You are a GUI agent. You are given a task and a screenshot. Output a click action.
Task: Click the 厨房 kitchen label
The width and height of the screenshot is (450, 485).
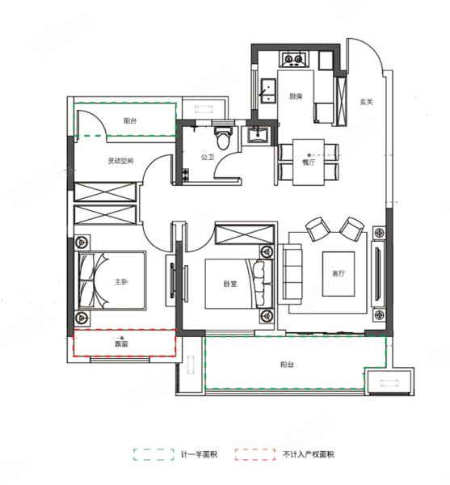[x=296, y=96]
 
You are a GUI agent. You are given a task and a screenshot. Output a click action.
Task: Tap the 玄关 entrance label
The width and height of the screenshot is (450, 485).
[x=366, y=102]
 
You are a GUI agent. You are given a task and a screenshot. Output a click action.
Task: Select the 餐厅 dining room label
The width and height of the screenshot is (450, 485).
[x=309, y=162]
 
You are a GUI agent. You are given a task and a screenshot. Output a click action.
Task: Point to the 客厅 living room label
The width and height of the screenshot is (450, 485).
[x=339, y=273]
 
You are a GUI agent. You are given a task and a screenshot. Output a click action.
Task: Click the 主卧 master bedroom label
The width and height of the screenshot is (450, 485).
[x=121, y=282]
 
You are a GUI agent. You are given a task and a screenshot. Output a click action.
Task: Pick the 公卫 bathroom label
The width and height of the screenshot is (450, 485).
[x=208, y=158]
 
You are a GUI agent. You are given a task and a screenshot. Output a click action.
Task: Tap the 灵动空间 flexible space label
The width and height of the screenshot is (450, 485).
[x=120, y=161]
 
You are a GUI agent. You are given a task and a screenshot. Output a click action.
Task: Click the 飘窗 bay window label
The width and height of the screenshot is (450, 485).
[x=121, y=344]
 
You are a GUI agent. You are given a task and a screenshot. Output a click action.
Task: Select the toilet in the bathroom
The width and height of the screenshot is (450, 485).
[x=222, y=137]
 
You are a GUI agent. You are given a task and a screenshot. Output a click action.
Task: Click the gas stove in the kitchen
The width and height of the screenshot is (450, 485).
[x=294, y=59]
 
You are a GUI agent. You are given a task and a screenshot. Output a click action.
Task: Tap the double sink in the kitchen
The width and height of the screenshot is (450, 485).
[x=268, y=91]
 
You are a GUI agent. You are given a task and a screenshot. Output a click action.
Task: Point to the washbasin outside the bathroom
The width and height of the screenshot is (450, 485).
[x=256, y=136]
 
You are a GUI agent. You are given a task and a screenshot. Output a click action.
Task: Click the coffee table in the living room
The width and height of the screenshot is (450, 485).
[x=339, y=274]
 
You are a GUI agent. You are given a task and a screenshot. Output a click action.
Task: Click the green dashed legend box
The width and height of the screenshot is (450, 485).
[x=154, y=454]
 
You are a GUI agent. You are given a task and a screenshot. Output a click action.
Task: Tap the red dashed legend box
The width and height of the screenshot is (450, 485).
[x=254, y=454]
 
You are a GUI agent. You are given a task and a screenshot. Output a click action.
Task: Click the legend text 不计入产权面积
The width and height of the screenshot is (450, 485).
[x=308, y=454]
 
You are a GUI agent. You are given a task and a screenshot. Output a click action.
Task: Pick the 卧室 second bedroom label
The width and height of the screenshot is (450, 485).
[x=230, y=284]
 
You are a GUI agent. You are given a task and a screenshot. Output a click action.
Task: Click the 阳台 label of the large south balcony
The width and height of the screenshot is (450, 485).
[x=287, y=365]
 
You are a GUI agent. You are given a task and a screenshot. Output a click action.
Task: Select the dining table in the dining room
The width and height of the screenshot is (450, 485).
[x=309, y=162]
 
